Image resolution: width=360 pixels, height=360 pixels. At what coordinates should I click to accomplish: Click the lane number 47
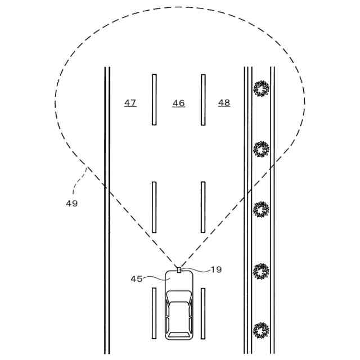pos(130,103)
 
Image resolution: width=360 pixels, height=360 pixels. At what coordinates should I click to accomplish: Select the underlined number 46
pos(178,103)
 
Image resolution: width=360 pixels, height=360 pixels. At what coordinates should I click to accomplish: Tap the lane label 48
pos(224,103)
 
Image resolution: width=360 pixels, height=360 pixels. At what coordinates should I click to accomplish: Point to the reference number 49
pos(71,203)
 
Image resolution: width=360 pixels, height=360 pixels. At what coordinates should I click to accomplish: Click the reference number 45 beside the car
pos(137,278)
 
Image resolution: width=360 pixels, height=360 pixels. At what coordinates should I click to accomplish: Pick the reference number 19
pos(216,269)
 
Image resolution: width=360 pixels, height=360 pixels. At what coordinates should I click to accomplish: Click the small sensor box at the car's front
pos(179,270)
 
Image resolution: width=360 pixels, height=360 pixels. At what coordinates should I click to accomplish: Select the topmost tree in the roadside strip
pos(261,88)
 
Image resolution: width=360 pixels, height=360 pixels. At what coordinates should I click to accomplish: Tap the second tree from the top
pos(261,149)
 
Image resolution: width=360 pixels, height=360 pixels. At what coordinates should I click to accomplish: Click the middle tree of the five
pos(261,209)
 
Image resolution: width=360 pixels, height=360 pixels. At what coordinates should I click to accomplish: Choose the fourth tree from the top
pos(261,272)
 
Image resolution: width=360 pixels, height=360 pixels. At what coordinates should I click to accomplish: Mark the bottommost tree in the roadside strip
pos(261,330)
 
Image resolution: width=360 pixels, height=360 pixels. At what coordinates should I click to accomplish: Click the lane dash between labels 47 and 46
pos(154,100)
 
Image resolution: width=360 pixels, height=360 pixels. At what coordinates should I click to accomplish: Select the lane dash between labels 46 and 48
pos(203,100)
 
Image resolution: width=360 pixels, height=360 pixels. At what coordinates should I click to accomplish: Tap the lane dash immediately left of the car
pos(154,313)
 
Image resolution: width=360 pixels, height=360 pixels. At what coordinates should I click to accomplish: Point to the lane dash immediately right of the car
pos(203,313)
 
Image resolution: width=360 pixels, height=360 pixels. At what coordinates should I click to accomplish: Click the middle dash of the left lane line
pos(154,207)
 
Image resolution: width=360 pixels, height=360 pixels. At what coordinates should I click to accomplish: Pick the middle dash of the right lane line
pos(203,207)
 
